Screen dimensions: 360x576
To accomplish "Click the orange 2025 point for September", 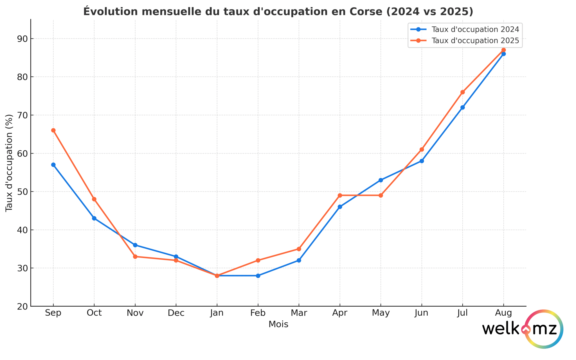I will tap(53, 130).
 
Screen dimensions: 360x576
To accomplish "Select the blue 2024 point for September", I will tap(53, 165).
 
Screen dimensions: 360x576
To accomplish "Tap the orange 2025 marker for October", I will tap(94, 199).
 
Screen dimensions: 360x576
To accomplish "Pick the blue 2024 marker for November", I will tap(135, 245).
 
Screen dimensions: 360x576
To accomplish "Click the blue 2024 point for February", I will tap(258, 276).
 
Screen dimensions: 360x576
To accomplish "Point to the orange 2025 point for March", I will tap(299, 249).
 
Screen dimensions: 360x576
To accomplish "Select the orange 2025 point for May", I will tap(381, 195).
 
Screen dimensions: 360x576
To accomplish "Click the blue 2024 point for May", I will tap(381, 180).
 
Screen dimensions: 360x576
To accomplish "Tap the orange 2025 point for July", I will tap(463, 92).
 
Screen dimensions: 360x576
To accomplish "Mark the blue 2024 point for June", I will tap(422, 161).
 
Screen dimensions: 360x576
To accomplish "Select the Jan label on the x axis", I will tap(217, 313).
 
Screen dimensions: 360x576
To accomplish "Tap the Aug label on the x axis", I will tap(503, 313).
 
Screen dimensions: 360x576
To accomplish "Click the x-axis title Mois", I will tap(278, 324).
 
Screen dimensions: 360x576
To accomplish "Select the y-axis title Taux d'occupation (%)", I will tap(9, 163).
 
